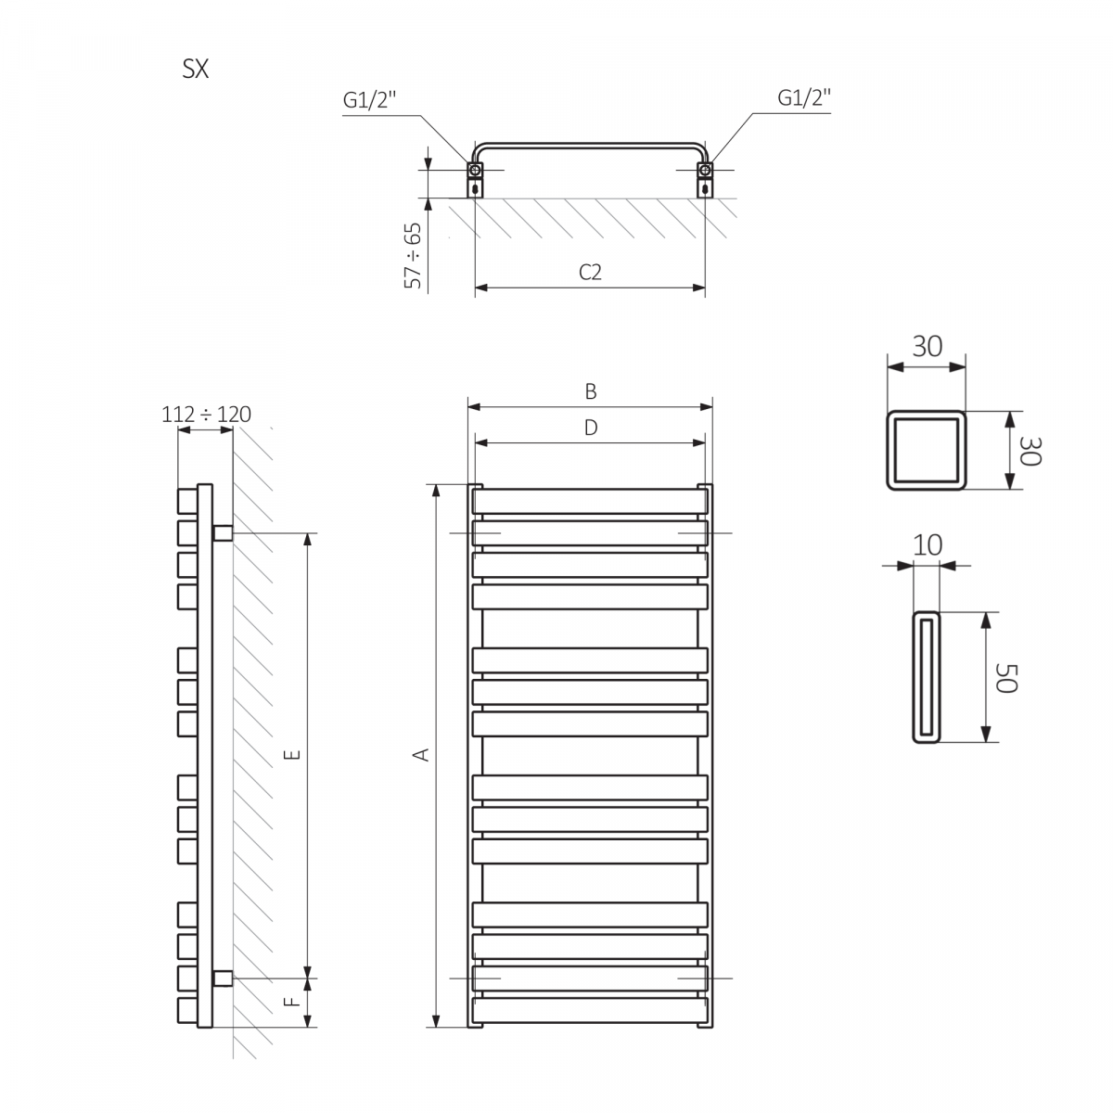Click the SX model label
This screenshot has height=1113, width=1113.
(196, 70)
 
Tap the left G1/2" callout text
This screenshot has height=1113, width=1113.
(369, 101)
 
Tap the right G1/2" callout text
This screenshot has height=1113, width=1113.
(803, 97)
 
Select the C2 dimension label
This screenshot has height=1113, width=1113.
(590, 272)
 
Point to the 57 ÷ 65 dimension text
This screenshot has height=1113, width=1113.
(413, 255)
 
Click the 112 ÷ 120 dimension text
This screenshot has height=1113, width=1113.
(206, 414)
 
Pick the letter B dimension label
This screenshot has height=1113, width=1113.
(590, 391)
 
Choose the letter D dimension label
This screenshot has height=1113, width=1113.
(590, 428)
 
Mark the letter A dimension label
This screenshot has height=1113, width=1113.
(422, 755)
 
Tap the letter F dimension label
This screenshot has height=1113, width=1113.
(291, 1002)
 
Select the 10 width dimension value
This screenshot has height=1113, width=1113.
(927, 545)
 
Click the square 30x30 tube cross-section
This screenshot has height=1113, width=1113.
(927, 450)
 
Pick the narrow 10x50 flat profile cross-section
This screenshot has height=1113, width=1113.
(927, 677)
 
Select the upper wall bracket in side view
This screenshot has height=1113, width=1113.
(223, 533)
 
